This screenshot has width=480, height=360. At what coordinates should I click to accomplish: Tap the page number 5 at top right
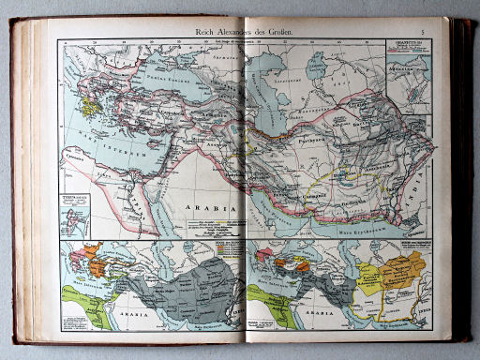(423, 33)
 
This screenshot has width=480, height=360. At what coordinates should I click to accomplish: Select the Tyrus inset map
(73, 213)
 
